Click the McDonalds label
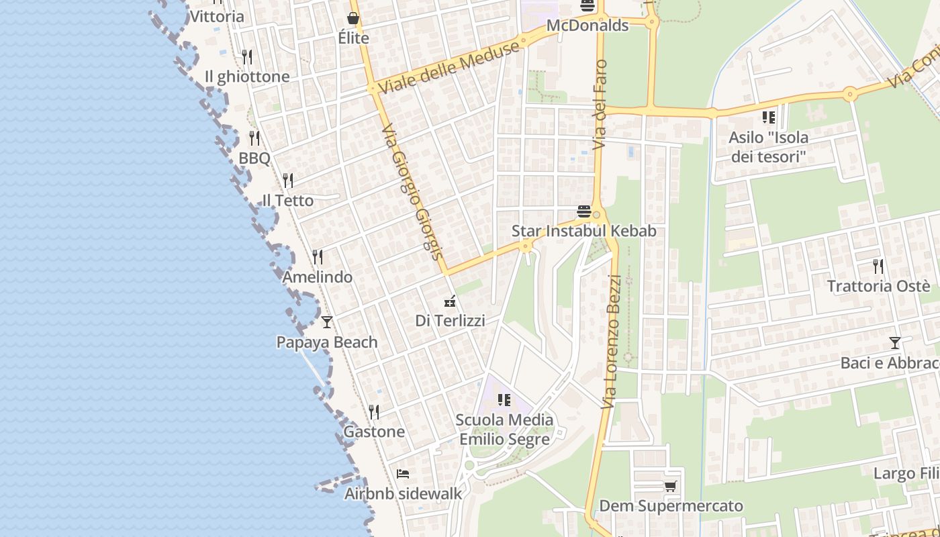(x=587, y=26)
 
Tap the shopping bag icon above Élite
(x=353, y=18)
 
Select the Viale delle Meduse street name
(x=449, y=66)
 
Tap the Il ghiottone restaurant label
(x=247, y=77)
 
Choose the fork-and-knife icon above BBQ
(x=254, y=138)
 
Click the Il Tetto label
(x=287, y=200)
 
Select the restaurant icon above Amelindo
(x=318, y=256)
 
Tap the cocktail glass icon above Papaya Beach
(x=327, y=322)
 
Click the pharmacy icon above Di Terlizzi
(x=451, y=301)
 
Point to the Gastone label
(x=374, y=432)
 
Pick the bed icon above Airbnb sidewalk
(x=403, y=474)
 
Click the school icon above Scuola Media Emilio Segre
(x=504, y=400)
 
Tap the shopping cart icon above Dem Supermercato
(x=670, y=486)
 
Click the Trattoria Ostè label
(x=878, y=286)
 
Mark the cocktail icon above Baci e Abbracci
(x=895, y=343)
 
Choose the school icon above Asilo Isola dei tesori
(x=769, y=117)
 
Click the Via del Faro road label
(x=600, y=104)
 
